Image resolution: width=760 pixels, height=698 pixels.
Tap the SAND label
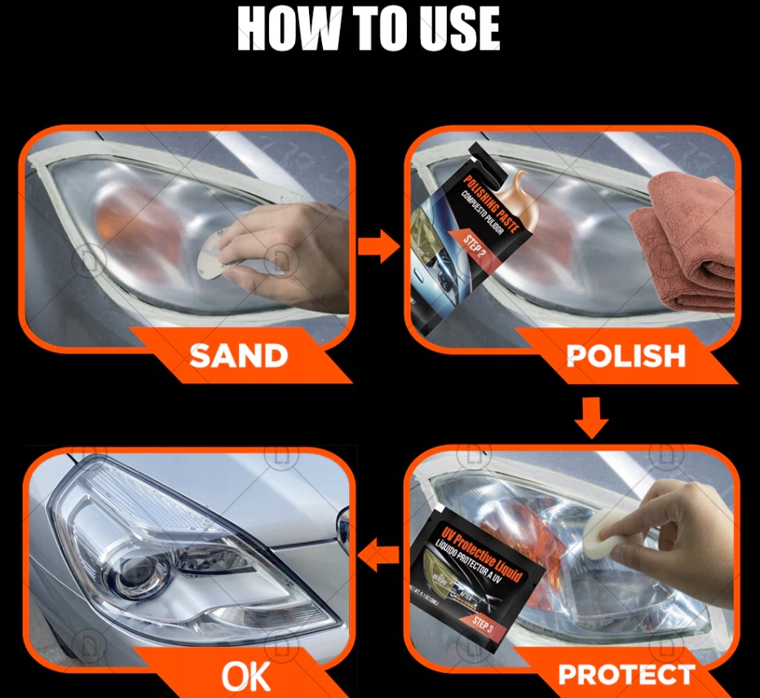click(238, 356)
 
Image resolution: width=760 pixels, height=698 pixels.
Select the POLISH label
click(625, 356)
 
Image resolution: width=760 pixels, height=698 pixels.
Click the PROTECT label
click(625, 674)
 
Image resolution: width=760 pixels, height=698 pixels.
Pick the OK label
click(247, 675)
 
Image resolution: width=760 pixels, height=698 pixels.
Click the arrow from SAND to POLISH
click(378, 246)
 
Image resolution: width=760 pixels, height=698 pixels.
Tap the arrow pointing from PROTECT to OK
click(379, 557)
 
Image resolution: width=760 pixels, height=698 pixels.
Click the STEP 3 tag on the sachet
click(488, 624)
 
